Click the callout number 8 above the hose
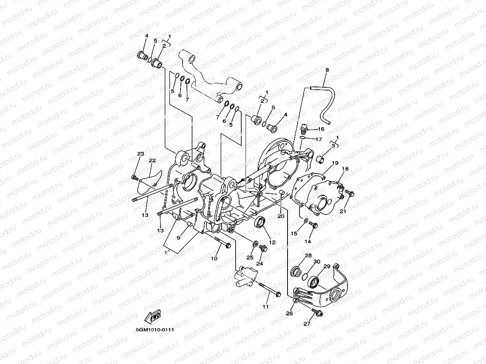(x=327, y=70)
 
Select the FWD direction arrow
(x=153, y=317)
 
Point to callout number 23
(x=140, y=154)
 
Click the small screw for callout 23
(x=134, y=177)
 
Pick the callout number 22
(x=152, y=161)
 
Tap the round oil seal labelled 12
(x=260, y=222)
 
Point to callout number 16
(x=321, y=129)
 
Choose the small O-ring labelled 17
(x=303, y=138)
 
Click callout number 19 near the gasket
(x=335, y=163)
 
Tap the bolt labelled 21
(x=350, y=193)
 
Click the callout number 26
(x=290, y=313)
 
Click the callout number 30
(x=317, y=262)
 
